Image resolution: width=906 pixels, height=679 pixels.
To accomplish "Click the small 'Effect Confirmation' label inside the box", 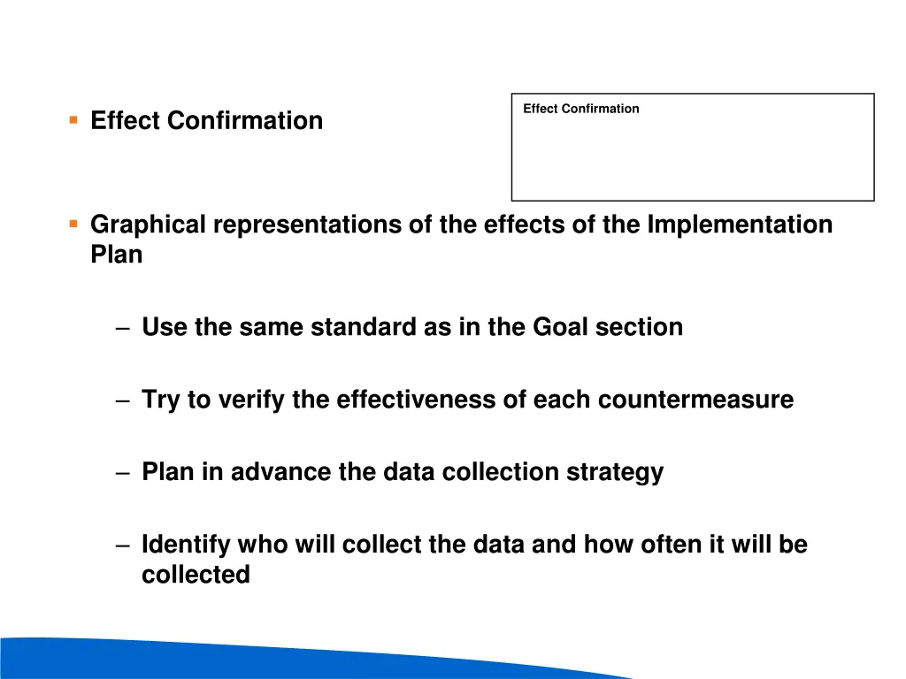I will pos(580,109).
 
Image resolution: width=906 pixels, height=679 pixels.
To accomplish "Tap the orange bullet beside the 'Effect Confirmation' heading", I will pos(73,118).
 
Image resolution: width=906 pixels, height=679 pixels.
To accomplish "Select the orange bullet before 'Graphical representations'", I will pos(73,223).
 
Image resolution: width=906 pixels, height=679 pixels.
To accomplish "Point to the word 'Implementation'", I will pos(740,225).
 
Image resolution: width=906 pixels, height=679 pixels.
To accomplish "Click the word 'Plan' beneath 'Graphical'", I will pos(116,255).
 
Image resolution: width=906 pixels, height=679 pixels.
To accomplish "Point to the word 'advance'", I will pos(281,472).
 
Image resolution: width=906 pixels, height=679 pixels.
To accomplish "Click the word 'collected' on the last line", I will pos(196,575).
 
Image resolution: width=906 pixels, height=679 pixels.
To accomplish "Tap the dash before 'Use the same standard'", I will pos(122,328).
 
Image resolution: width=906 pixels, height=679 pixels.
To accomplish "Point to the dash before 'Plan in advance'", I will pos(122,473).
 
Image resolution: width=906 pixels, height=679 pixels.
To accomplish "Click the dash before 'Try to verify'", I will pos(122,401).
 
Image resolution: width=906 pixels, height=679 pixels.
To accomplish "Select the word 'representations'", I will pos(307,225).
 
